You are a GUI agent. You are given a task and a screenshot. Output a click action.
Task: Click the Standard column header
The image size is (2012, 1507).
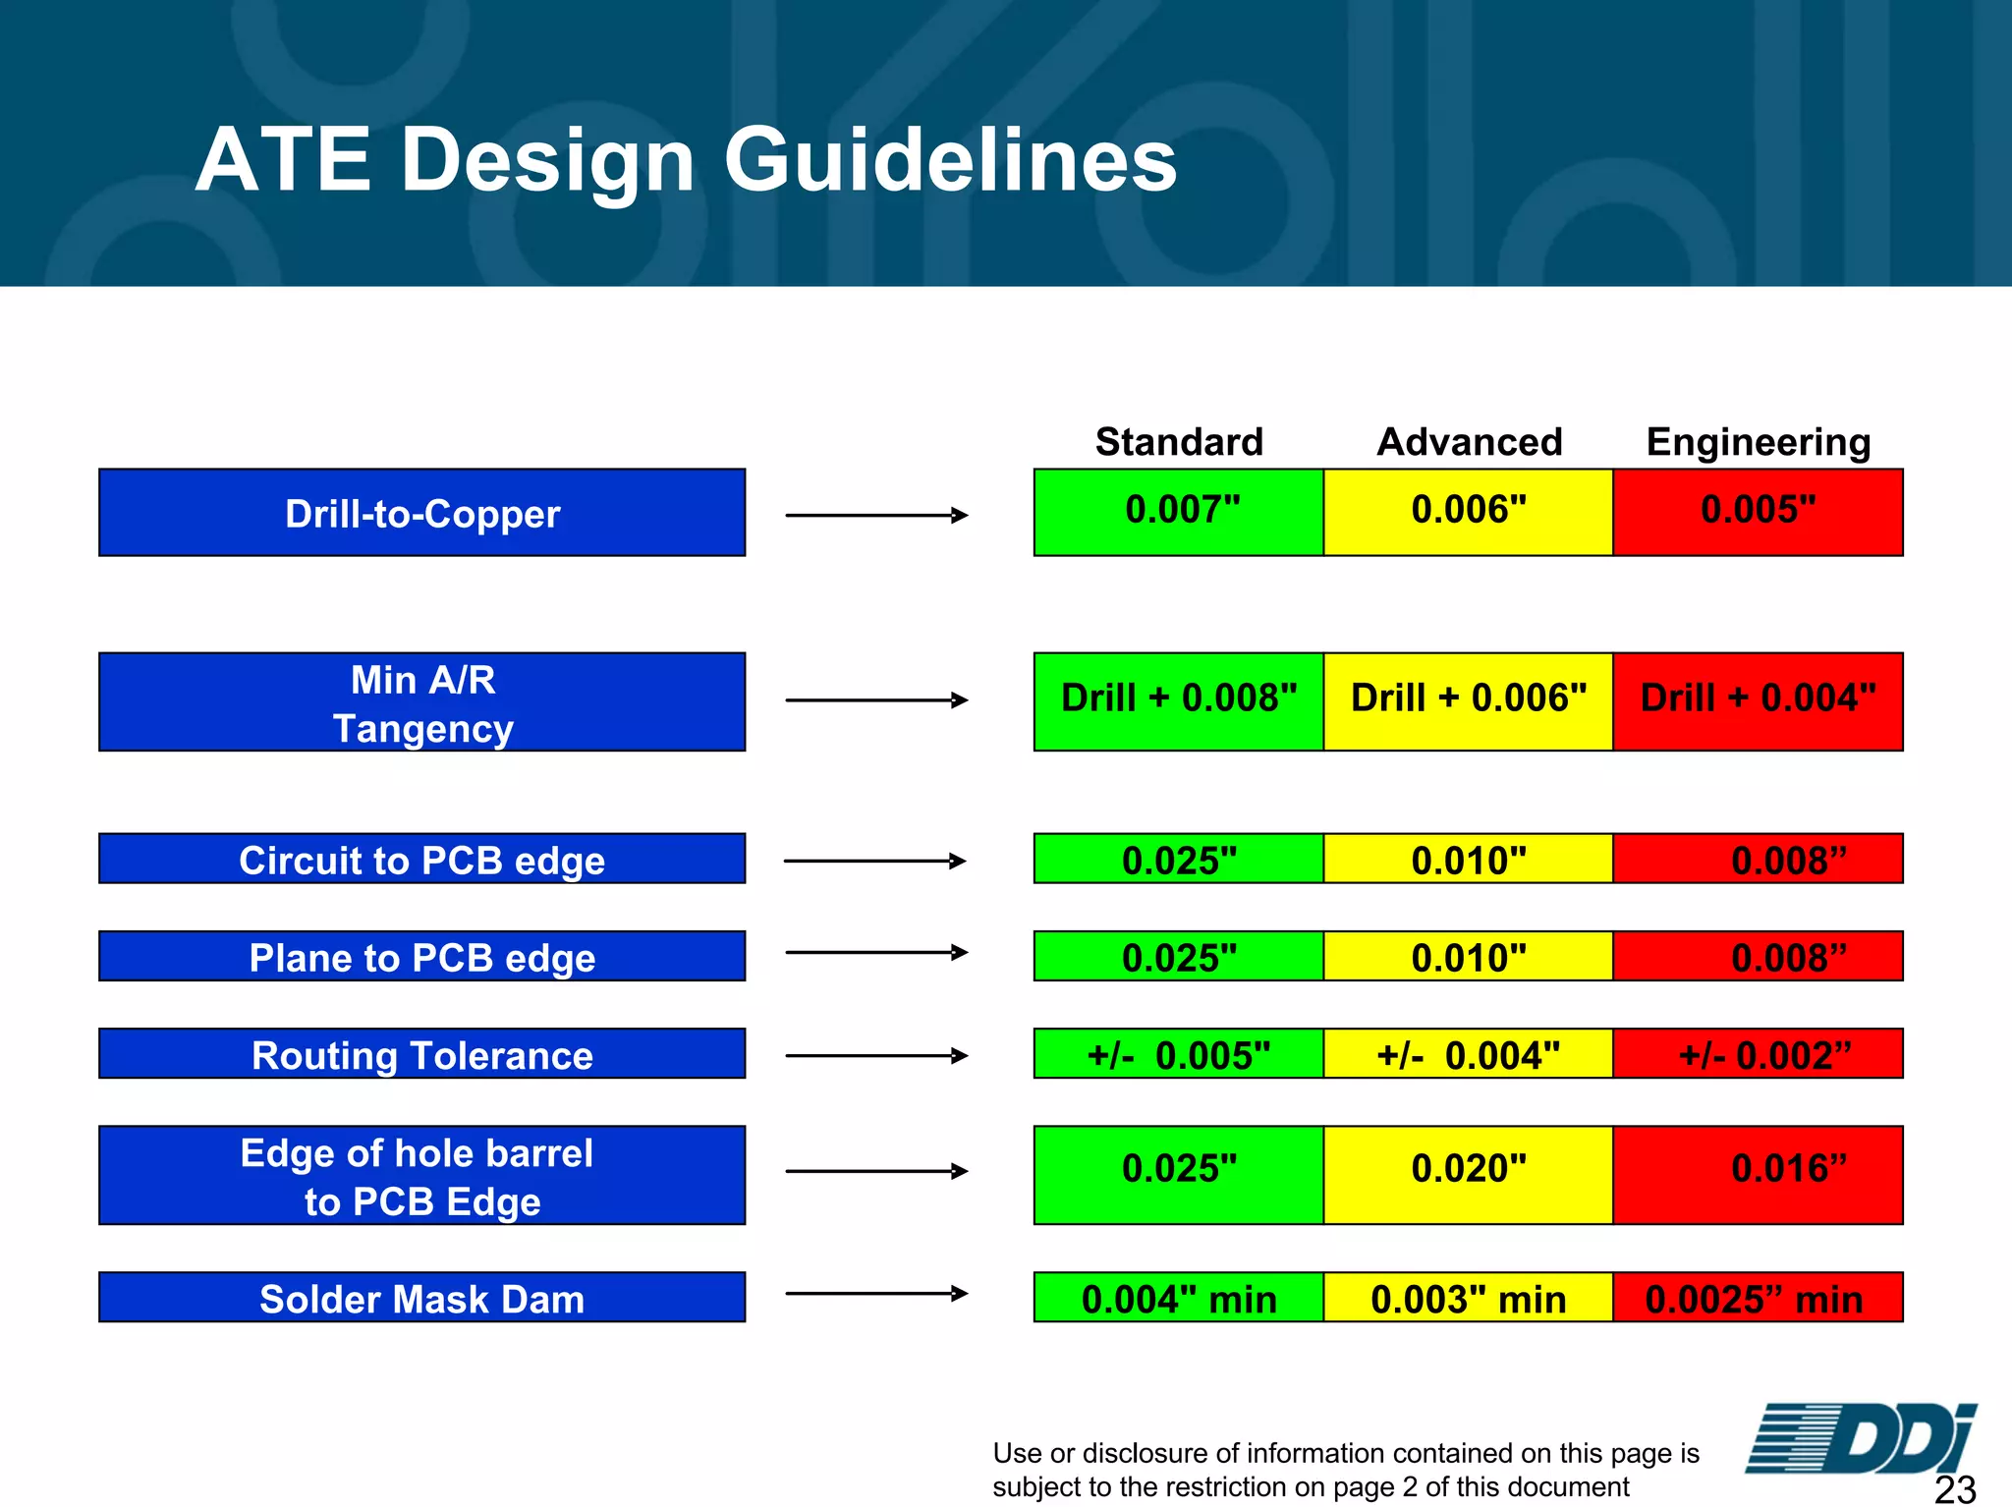(x=1179, y=442)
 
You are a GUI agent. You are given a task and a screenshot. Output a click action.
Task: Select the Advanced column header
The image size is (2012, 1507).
(x=1469, y=442)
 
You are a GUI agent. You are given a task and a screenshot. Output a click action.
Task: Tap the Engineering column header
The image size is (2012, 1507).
(x=1758, y=442)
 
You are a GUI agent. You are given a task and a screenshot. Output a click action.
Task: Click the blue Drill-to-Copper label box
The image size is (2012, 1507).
(x=422, y=513)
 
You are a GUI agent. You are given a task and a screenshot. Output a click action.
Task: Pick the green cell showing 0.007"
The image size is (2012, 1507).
(x=1179, y=512)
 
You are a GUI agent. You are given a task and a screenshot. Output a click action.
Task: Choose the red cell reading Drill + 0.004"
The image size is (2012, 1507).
(x=1758, y=700)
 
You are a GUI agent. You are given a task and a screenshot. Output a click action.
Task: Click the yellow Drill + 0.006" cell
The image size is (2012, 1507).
(x=1469, y=700)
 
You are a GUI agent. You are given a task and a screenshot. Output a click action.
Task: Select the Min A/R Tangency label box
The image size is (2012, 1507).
(x=422, y=702)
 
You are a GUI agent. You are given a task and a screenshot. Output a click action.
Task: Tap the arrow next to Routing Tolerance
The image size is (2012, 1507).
(x=876, y=1055)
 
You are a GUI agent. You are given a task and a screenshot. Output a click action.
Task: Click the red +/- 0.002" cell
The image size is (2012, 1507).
(x=1758, y=1054)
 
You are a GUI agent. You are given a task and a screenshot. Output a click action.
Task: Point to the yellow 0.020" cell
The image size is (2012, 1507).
(x=1469, y=1174)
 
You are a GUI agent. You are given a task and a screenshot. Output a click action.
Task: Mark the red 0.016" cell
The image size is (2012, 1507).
(x=1758, y=1174)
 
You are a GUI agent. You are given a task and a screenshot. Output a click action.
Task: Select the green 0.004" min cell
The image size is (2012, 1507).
(x=1179, y=1298)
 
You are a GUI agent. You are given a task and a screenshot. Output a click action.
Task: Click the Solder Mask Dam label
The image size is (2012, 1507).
(x=422, y=1298)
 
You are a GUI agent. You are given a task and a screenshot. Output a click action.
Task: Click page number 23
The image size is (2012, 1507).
(x=1954, y=1489)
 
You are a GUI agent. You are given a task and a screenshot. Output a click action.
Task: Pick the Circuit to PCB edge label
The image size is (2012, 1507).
(x=422, y=860)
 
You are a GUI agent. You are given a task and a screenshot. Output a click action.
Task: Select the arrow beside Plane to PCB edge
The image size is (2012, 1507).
(x=876, y=952)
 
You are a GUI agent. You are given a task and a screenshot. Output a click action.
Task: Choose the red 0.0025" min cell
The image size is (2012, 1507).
(x=1758, y=1298)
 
